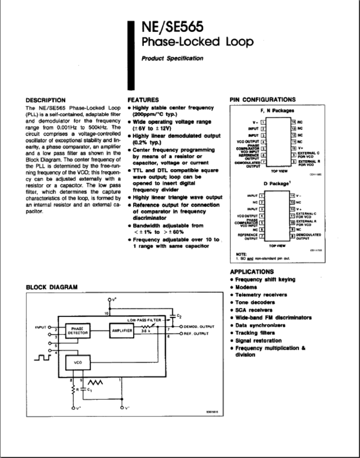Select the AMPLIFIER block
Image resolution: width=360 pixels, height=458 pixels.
tap(122, 330)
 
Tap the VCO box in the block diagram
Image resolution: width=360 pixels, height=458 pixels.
tap(77, 364)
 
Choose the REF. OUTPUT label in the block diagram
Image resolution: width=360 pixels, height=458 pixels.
tap(197, 334)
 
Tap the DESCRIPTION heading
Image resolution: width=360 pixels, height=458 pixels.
tap(46, 100)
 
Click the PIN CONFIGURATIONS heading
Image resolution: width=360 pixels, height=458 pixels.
tap(262, 100)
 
